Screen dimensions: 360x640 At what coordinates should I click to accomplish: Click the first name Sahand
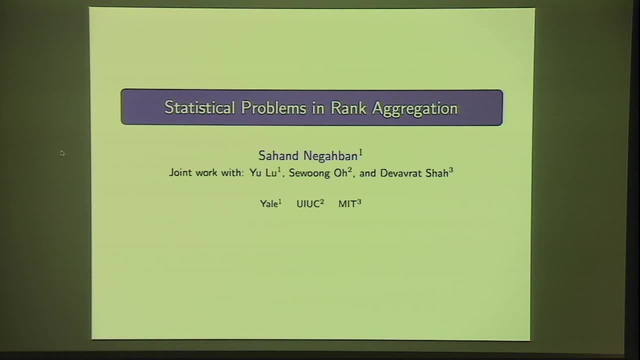click(x=278, y=156)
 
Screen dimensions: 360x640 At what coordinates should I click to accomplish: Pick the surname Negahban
click(x=330, y=156)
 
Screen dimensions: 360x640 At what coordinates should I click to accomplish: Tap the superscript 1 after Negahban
click(x=360, y=151)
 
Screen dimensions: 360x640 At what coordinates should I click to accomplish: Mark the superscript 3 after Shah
click(x=451, y=170)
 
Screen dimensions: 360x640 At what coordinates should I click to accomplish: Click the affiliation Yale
click(x=269, y=204)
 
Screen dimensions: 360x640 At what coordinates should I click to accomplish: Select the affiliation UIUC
click(x=308, y=204)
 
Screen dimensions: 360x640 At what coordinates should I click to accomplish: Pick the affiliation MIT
click(x=347, y=204)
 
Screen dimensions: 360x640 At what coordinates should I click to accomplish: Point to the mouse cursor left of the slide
click(x=62, y=153)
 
